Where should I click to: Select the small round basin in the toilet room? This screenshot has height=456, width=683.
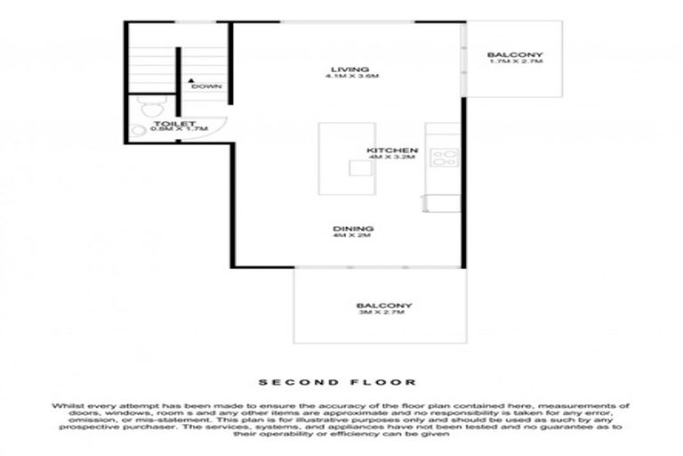pyautogui.click(x=138, y=130)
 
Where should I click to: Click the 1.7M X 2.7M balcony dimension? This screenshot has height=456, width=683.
pyautogui.click(x=515, y=65)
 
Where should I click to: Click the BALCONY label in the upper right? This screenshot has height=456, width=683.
pyautogui.click(x=515, y=57)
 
